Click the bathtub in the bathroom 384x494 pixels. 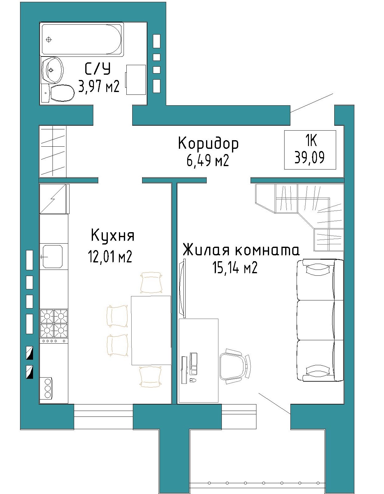coord(82,39)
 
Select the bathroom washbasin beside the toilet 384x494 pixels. coord(53,70)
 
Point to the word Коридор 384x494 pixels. coord(208,144)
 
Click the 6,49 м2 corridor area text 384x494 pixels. coord(208,161)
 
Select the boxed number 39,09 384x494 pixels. coord(310,157)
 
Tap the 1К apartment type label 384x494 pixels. coord(311,141)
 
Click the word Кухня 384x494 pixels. coord(112,236)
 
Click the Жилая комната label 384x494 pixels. coord(242,250)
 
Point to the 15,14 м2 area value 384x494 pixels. coord(235,267)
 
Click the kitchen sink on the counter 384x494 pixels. coord(53,256)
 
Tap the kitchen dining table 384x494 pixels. coord(151,331)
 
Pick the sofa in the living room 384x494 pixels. coord(320,320)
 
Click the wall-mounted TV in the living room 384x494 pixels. coord(182,288)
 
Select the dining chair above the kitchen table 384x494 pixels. coord(151,282)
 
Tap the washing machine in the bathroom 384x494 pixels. coord(136,80)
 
